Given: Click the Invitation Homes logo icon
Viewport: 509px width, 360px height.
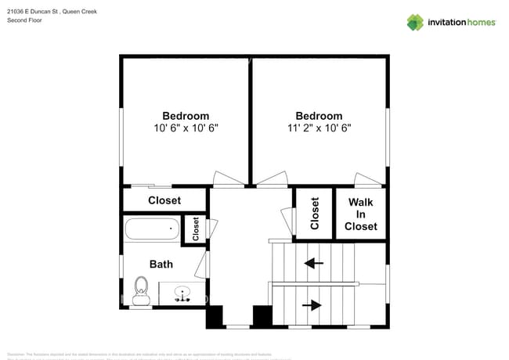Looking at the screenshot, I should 415,22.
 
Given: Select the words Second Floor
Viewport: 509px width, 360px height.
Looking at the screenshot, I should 24,20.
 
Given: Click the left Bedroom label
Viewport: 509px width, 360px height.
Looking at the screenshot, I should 186,116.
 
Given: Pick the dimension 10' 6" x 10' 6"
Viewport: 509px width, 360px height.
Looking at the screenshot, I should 186,128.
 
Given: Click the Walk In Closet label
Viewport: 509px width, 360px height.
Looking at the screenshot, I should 361,214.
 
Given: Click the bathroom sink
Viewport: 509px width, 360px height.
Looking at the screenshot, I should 182,294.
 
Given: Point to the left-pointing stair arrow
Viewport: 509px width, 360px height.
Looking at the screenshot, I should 314,263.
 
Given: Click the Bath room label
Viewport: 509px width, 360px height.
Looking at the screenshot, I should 161,265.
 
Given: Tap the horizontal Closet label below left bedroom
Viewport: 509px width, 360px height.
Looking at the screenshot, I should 164,200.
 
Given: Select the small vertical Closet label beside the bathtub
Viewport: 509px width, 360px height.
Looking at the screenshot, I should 196,229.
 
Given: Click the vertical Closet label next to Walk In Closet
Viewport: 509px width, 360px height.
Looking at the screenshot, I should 315,213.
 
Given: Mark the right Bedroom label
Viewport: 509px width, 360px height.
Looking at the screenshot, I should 319,116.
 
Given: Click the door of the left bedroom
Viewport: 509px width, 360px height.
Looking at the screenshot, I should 228,179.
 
